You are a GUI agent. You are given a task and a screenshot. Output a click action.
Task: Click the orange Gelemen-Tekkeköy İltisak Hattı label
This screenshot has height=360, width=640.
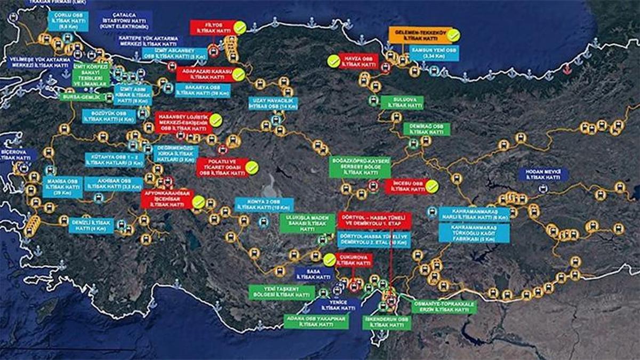pyautogui.click(x=418, y=35)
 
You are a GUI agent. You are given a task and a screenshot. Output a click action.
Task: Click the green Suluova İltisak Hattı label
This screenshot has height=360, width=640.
pyautogui.click(x=402, y=102)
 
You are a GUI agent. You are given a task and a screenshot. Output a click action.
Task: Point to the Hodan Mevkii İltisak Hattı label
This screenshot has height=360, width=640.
pyautogui.click(x=543, y=174)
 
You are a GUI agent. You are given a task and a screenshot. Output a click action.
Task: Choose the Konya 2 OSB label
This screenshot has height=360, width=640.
pyautogui.click(x=265, y=205)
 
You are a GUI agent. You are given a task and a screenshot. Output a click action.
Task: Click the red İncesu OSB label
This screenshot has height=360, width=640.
pyautogui.click(x=405, y=186)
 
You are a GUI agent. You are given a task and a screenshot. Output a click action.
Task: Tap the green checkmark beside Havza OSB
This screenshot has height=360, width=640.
pyautogui.click(x=334, y=61)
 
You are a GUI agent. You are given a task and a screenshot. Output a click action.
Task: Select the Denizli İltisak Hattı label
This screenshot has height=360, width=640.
pyautogui.click(x=91, y=225)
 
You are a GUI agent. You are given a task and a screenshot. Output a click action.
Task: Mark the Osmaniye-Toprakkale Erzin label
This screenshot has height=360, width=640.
pyautogui.click(x=444, y=307)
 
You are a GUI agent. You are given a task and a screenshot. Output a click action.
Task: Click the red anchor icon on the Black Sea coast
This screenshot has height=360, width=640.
pyautogui.click(x=566, y=68)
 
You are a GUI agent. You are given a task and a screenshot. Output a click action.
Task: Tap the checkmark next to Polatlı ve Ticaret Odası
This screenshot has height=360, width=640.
pyautogui.click(x=252, y=168)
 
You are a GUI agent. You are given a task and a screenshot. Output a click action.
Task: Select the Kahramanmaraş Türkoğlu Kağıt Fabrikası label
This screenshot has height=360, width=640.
pyautogui.click(x=474, y=233)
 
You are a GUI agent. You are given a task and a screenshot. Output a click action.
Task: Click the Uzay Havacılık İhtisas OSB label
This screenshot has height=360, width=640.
pyautogui.click(x=271, y=103)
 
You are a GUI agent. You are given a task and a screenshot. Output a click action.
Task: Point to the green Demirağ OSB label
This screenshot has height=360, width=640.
pyautogui.click(x=427, y=129)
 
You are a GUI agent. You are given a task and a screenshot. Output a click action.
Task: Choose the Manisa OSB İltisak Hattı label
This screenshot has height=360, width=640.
pyautogui.click(x=63, y=187)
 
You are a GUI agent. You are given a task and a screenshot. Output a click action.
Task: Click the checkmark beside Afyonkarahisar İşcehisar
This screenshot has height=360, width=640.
pyautogui.click(x=198, y=202)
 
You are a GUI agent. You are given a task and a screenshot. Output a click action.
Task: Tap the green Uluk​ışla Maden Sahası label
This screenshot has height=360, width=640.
pyautogui.click(x=307, y=223)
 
